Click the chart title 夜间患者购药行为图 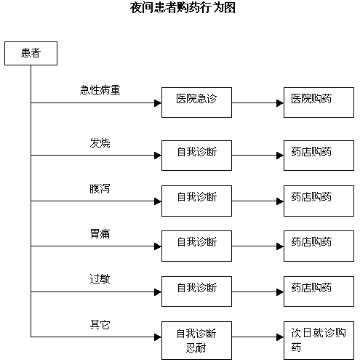click(183, 7)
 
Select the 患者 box click(31, 53)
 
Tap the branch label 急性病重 click(100, 90)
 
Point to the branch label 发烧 click(100, 143)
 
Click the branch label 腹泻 click(100, 188)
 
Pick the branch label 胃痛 click(100, 234)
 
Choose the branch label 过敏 click(100, 279)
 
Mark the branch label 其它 click(100, 324)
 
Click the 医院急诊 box click(196, 102)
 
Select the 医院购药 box click(319, 102)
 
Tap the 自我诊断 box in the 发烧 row click(196, 156)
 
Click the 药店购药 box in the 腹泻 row click(319, 201)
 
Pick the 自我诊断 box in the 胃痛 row click(196, 246)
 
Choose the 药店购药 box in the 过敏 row click(319, 291)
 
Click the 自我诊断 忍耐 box click(196, 340)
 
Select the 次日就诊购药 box click(319, 340)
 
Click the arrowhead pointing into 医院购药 click(280, 103)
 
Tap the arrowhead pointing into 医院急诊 click(158, 103)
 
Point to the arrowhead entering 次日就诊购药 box click(280, 337)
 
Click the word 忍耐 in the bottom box click(196, 348)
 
